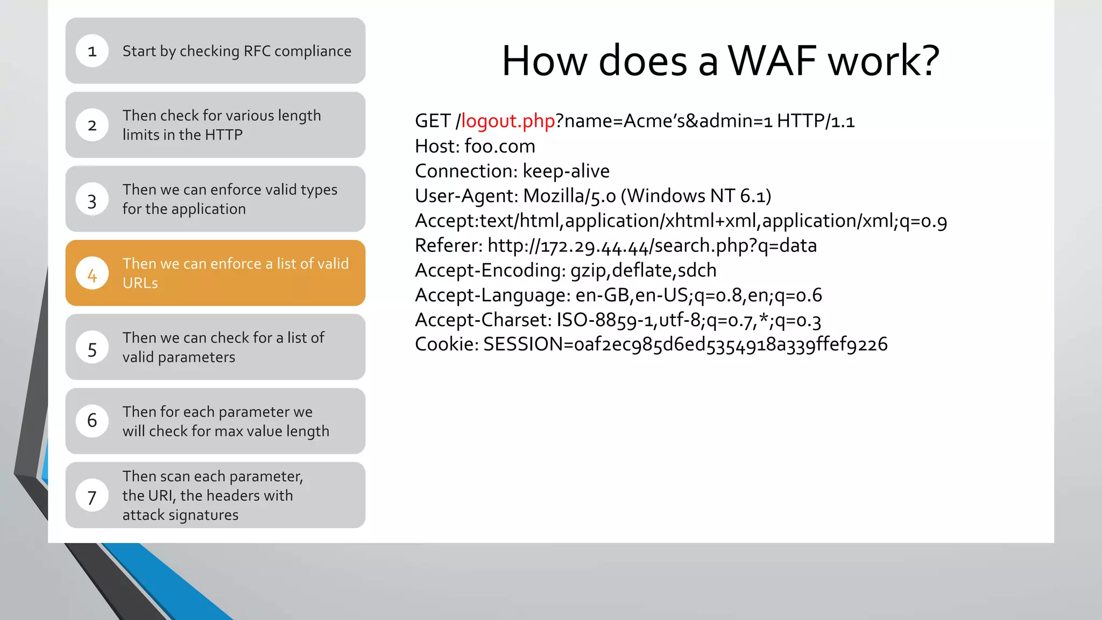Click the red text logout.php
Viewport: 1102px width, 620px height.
click(x=508, y=121)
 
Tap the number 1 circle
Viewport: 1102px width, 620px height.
click(x=92, y=51)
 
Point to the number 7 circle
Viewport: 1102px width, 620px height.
click(x=92, y=496)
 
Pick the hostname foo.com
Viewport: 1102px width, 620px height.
click(x=499, y=146)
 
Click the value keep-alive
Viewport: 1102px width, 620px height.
click(x=566, y=171)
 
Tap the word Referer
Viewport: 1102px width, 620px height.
click(x=448, y=245)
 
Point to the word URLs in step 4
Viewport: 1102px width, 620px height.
click(x=140, y=283)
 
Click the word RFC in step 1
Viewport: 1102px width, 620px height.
click(x=257, y=51)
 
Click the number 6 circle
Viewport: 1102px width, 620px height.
click(x=92, y=421)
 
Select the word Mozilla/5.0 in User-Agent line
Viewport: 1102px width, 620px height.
click(x=569, y=196)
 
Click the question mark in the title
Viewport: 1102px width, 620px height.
click(x=928, y=60)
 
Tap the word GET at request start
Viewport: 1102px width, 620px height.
click(x=432, y=121)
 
